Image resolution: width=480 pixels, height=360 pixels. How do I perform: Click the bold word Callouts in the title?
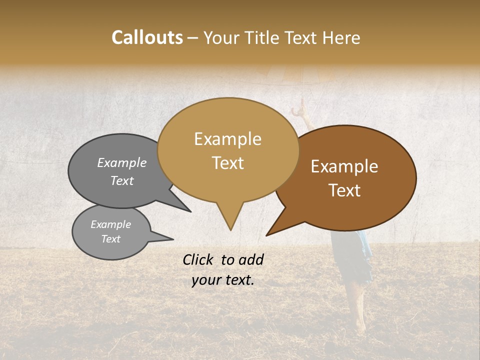[147, 37]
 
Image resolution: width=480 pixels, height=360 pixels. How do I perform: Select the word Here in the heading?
[341, 37]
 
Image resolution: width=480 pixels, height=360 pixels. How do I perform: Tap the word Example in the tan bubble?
[227, 139]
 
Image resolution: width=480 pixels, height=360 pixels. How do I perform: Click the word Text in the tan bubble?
[227, 163]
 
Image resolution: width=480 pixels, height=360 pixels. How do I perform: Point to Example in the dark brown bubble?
[344, 166]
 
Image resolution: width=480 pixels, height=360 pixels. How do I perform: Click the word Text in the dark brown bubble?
[345, 190]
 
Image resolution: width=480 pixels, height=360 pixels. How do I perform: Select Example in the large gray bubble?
[122, 163]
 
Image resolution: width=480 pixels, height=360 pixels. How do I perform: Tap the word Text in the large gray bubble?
[122, 181]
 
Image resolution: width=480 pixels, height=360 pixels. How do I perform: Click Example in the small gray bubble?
[110, 224]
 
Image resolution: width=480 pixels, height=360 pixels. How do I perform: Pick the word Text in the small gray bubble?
[110, 239]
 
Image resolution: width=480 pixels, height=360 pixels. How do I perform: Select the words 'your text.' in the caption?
[223, 280]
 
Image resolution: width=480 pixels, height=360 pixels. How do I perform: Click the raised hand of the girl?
[300, 105]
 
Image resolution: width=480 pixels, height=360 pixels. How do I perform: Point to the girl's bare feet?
[359, 327]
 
